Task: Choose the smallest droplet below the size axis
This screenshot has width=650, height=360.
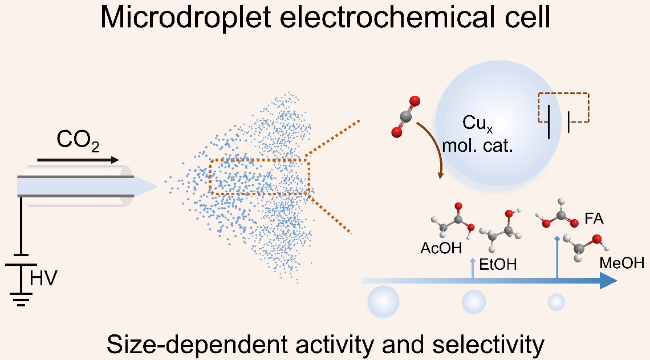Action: pos(556,302)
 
